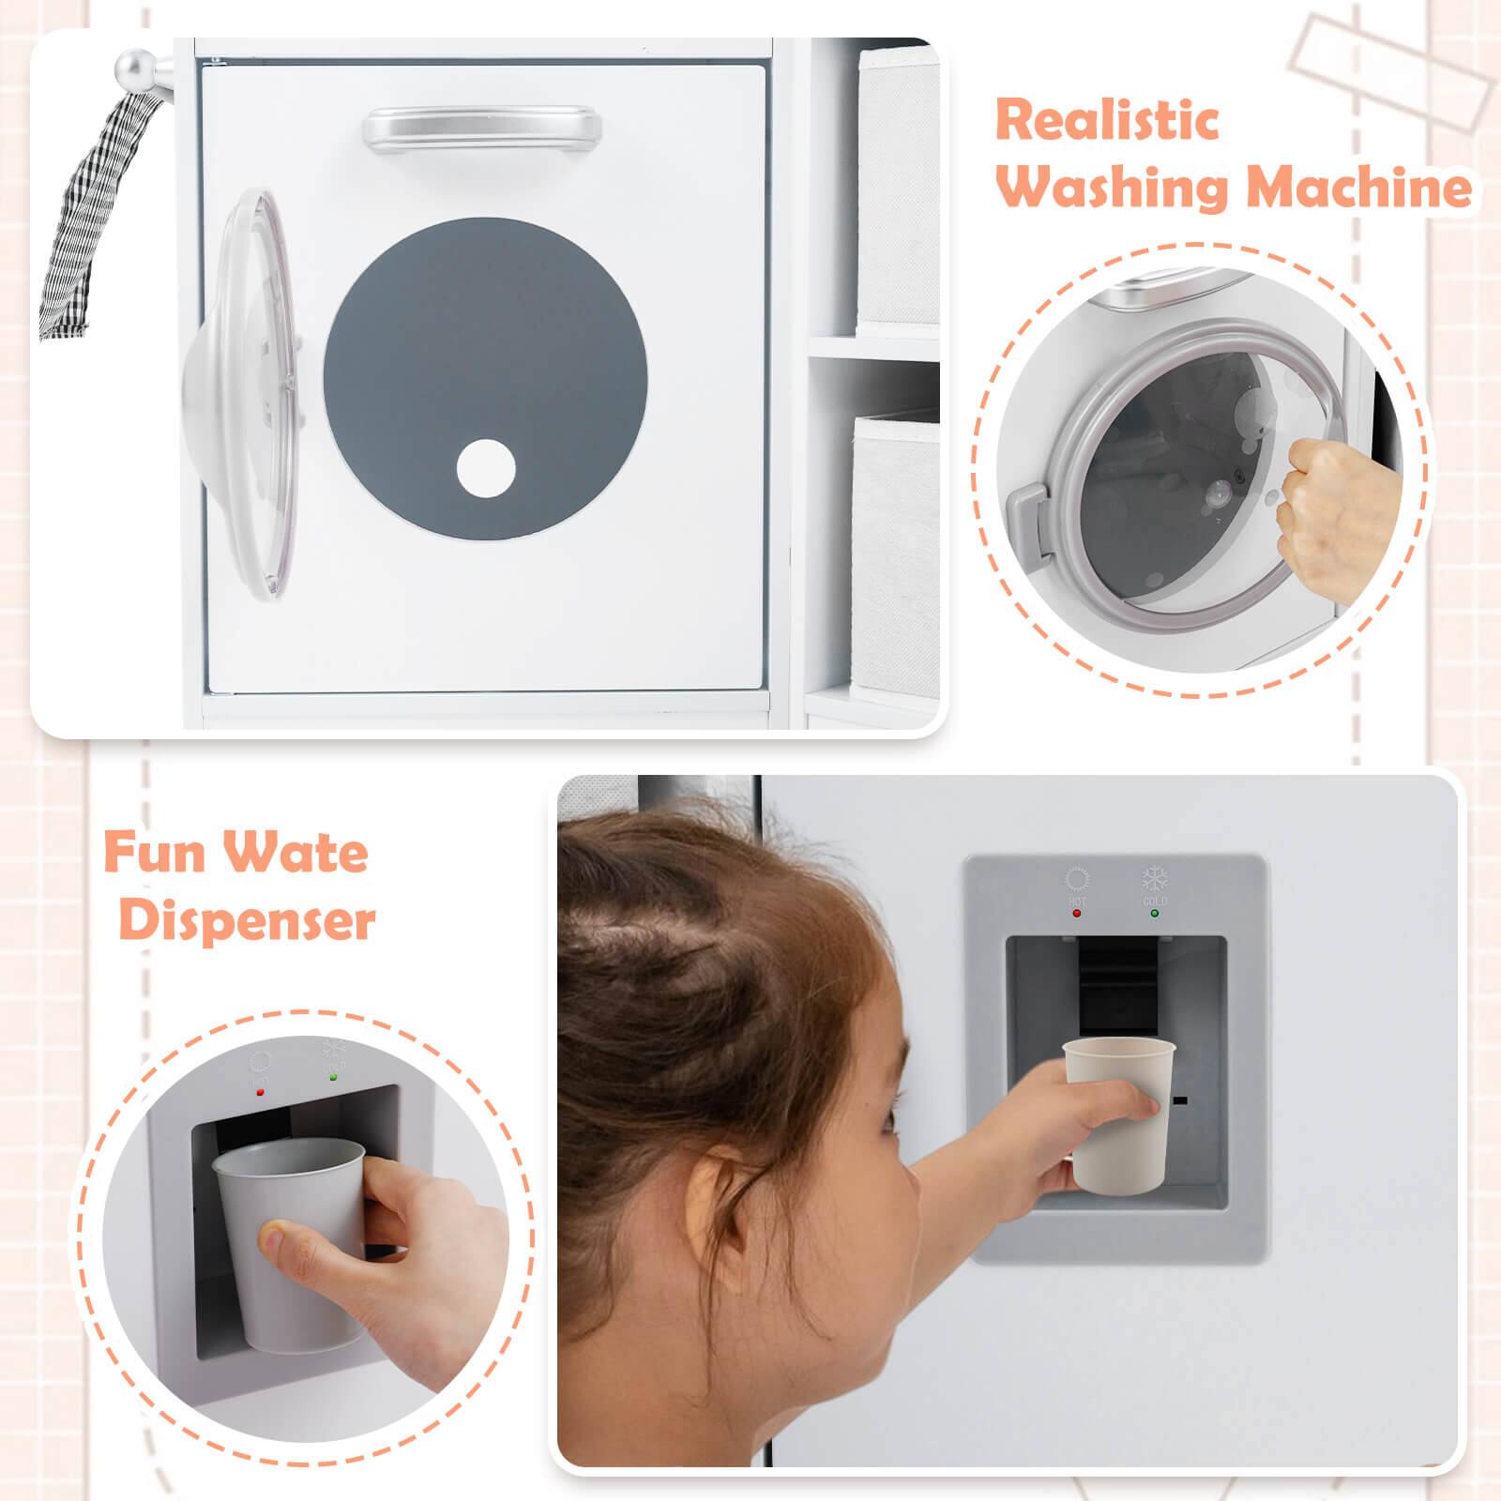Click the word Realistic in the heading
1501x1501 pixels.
[x=1107, y=120]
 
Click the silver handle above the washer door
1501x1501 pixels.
[x=482, y=126]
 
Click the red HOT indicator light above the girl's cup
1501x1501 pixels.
[x=1076, y=912]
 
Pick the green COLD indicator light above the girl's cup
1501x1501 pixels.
[x=1154, y=912]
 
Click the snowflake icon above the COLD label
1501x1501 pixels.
[x=1154, y=879]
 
